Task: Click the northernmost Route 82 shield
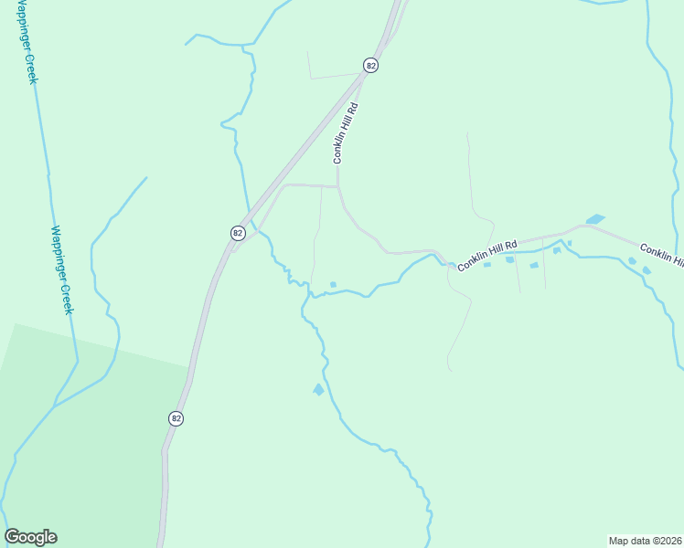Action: point(370,65)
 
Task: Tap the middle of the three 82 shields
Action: point(238,233)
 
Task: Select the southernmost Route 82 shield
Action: point(176,417)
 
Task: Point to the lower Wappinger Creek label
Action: point(60,270)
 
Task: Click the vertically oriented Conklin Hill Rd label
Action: point(345,133)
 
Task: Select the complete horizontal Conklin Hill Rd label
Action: point(487,255)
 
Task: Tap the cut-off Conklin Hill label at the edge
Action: point(660,255)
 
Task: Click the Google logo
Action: point(30,537)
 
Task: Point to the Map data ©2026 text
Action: point(645,540)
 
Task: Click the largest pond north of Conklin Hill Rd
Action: point(595,219)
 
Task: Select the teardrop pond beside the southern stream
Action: point(318,389)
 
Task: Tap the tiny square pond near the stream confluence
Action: point(333,285)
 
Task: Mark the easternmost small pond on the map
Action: point(647,270)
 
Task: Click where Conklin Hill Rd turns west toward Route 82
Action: point(338,186)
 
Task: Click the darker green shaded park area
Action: point(82,438)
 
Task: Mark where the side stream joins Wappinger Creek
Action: point(54,405)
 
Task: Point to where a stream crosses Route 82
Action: point(250,216)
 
